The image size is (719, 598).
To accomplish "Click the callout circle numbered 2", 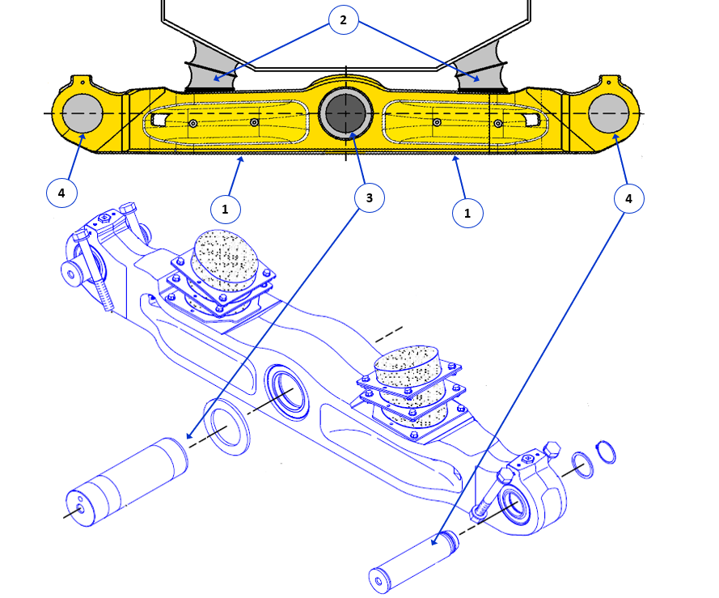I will click(x=343, y=20).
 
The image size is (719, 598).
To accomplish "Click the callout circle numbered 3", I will click(x=368, y=197).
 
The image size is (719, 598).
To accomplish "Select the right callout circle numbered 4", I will click(x=628, y=197).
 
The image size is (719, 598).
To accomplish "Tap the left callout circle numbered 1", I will click(x=225, y=209).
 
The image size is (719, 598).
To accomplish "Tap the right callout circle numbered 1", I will click(x=467, y=213).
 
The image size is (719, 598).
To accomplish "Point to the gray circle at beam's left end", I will click(x=79, y=113).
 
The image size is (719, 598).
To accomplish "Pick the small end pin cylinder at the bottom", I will click(x=412, y=559).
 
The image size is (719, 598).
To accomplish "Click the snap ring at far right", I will click(x=607, y=452).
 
